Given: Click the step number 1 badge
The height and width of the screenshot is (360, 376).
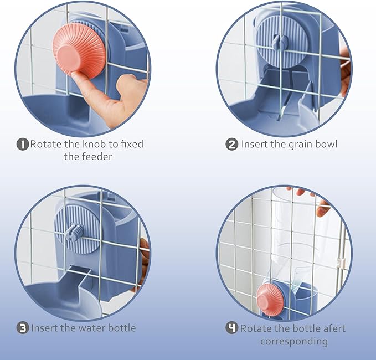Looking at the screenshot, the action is pyautogui.click(x=23, y=145).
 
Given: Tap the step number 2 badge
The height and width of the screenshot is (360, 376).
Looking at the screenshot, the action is pyautogui.click(x=232, y=145).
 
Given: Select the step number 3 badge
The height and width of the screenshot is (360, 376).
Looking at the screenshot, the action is pyautogui.click(x=23, y=328).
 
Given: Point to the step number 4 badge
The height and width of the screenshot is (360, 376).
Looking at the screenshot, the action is pyautogui.click(x=232, y=328).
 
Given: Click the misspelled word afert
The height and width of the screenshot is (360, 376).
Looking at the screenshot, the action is pyautogui.click(x=333, y=328).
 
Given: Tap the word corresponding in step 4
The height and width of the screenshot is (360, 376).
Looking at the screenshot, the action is pyautogui.click(x=294, y=341).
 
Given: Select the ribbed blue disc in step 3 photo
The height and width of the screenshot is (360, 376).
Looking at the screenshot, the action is pyautogui.click(x=77, y=229).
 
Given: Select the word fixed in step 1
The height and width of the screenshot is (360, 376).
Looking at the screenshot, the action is pyautogui.click(x=132, y=144).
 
